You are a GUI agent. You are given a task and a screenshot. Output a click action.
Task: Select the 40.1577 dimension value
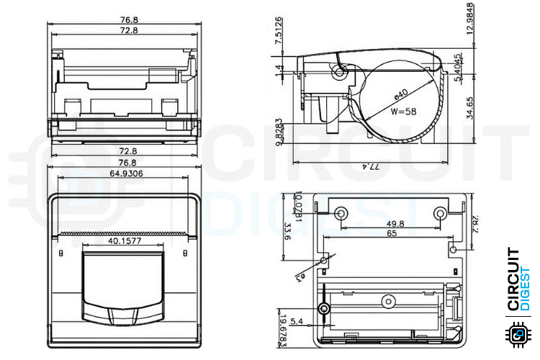tap(124, 242)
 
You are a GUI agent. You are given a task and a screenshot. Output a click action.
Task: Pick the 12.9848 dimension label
tap(469, 27)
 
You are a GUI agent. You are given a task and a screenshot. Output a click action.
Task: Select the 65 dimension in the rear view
tap(391, 234)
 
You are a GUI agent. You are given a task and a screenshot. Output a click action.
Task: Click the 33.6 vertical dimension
tap(287, 232)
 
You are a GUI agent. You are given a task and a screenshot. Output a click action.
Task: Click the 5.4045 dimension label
tap(459, 66)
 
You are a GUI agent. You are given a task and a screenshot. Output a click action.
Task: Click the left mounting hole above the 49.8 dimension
tap(340, 212)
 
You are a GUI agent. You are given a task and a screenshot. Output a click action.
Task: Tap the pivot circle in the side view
tap(339, 72)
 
